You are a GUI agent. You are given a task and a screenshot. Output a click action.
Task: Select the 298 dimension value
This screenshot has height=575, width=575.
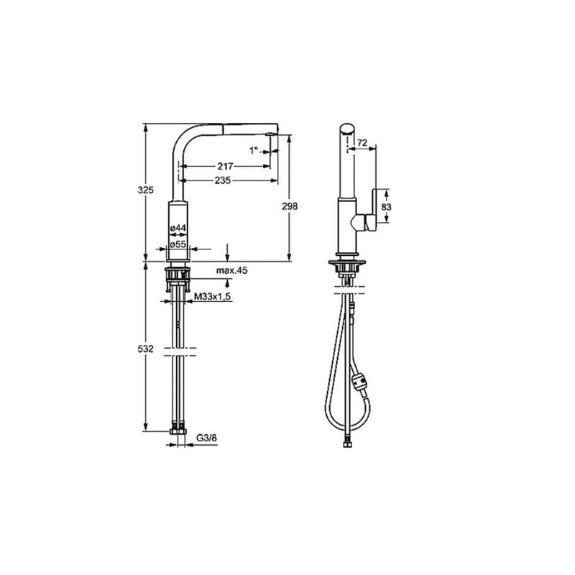click(x=290, y=206)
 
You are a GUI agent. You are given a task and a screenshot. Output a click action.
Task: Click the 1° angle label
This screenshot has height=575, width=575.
click(x=253, y=150)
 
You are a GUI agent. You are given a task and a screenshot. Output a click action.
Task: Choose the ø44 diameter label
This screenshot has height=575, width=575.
click(x=178, y=229)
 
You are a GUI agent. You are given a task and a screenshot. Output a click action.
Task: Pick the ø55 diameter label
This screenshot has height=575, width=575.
click(x=178, y=244)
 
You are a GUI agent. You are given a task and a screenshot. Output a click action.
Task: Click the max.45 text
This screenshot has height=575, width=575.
click(x=231, y=271)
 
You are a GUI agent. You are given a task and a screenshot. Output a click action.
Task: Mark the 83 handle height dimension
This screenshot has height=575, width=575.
click(x=386, y=206)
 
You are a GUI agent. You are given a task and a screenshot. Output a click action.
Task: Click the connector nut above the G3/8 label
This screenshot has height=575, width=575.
click(x=177, y=432)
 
